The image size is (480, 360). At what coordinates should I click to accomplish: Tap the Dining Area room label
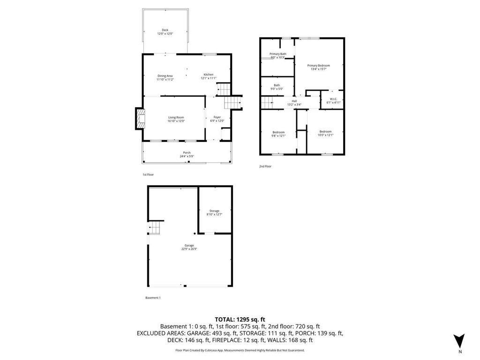coord(165,76)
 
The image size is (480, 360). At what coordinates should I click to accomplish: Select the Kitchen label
coord(209,75)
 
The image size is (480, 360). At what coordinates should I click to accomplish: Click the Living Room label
coord(176,117)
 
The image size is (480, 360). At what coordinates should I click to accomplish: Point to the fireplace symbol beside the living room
coord(140,119)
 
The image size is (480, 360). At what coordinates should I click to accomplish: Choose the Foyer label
coord(217,117)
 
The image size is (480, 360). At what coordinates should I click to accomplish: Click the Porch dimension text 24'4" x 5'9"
coord(187,156)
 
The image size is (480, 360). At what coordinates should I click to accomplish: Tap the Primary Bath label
coord(277,54)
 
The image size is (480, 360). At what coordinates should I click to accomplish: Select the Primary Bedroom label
coord(318,66)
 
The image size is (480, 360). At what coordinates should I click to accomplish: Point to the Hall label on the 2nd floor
coord(294,101)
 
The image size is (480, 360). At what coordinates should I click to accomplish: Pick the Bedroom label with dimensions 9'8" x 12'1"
coord(278,132)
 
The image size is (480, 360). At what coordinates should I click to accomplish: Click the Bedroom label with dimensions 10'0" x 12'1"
coord(325,131)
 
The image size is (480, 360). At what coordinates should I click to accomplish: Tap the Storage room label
coord(214,211)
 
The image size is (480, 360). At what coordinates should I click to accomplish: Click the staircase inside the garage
coord(155,229)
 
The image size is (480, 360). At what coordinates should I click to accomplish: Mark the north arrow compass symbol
coord(460,341)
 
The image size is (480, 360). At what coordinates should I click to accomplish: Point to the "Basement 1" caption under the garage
coord(153,298)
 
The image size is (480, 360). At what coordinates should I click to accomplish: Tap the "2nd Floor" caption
coord(265,166)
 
